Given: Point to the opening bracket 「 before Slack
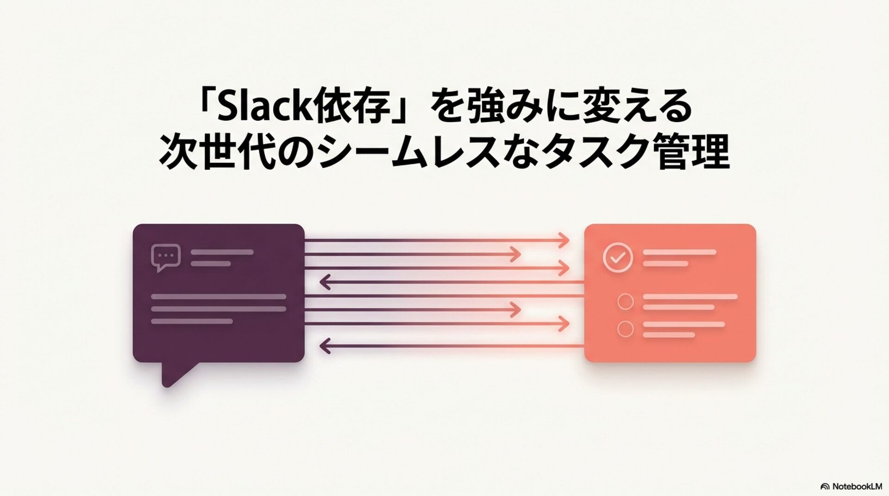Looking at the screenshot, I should pos(204,104).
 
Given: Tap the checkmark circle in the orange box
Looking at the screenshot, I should pos(618,257).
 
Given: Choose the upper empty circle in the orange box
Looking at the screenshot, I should pos(626,302).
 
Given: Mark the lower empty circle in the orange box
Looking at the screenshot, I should pos(626,329).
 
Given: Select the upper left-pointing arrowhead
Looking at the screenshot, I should pos(325,281).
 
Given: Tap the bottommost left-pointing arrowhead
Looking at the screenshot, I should pos(325,346).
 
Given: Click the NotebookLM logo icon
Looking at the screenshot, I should pos(825,486).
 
